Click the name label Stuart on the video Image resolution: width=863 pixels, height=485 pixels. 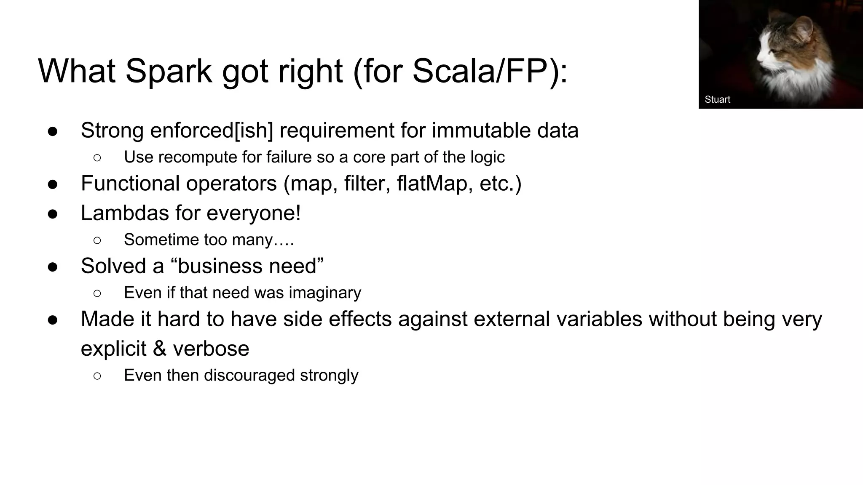pyautogui.click(x=717, y=99)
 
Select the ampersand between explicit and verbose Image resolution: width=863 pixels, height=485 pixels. pyautogui.click(x=159, y=349)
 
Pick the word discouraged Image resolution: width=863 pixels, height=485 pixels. pyautogui.click(x=249, y=375)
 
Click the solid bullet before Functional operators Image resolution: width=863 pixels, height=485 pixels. pyautogui.click(x=53, y=184)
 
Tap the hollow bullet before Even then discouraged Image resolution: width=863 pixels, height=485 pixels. pyautogui.click(x=97, y=376)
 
